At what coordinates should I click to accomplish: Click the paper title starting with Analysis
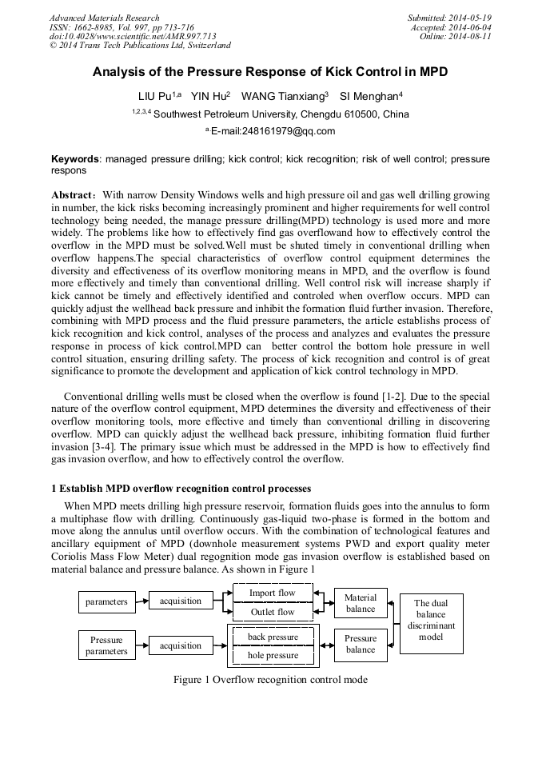pos(270,72)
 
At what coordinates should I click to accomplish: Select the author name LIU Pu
pos(155,96)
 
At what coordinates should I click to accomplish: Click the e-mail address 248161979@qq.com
pos(273,131)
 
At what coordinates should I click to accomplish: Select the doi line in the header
pos(133,37)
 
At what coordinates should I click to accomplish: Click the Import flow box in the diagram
pos(272,593)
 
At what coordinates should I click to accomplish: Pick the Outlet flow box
pos(272,612)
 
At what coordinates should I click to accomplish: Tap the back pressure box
pos(273,637)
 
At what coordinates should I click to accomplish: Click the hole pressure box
pos(273,655)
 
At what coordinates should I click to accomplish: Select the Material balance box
pos(360,603)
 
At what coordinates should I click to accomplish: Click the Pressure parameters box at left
pos(106,645)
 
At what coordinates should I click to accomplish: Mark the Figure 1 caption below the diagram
pos(270,680)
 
